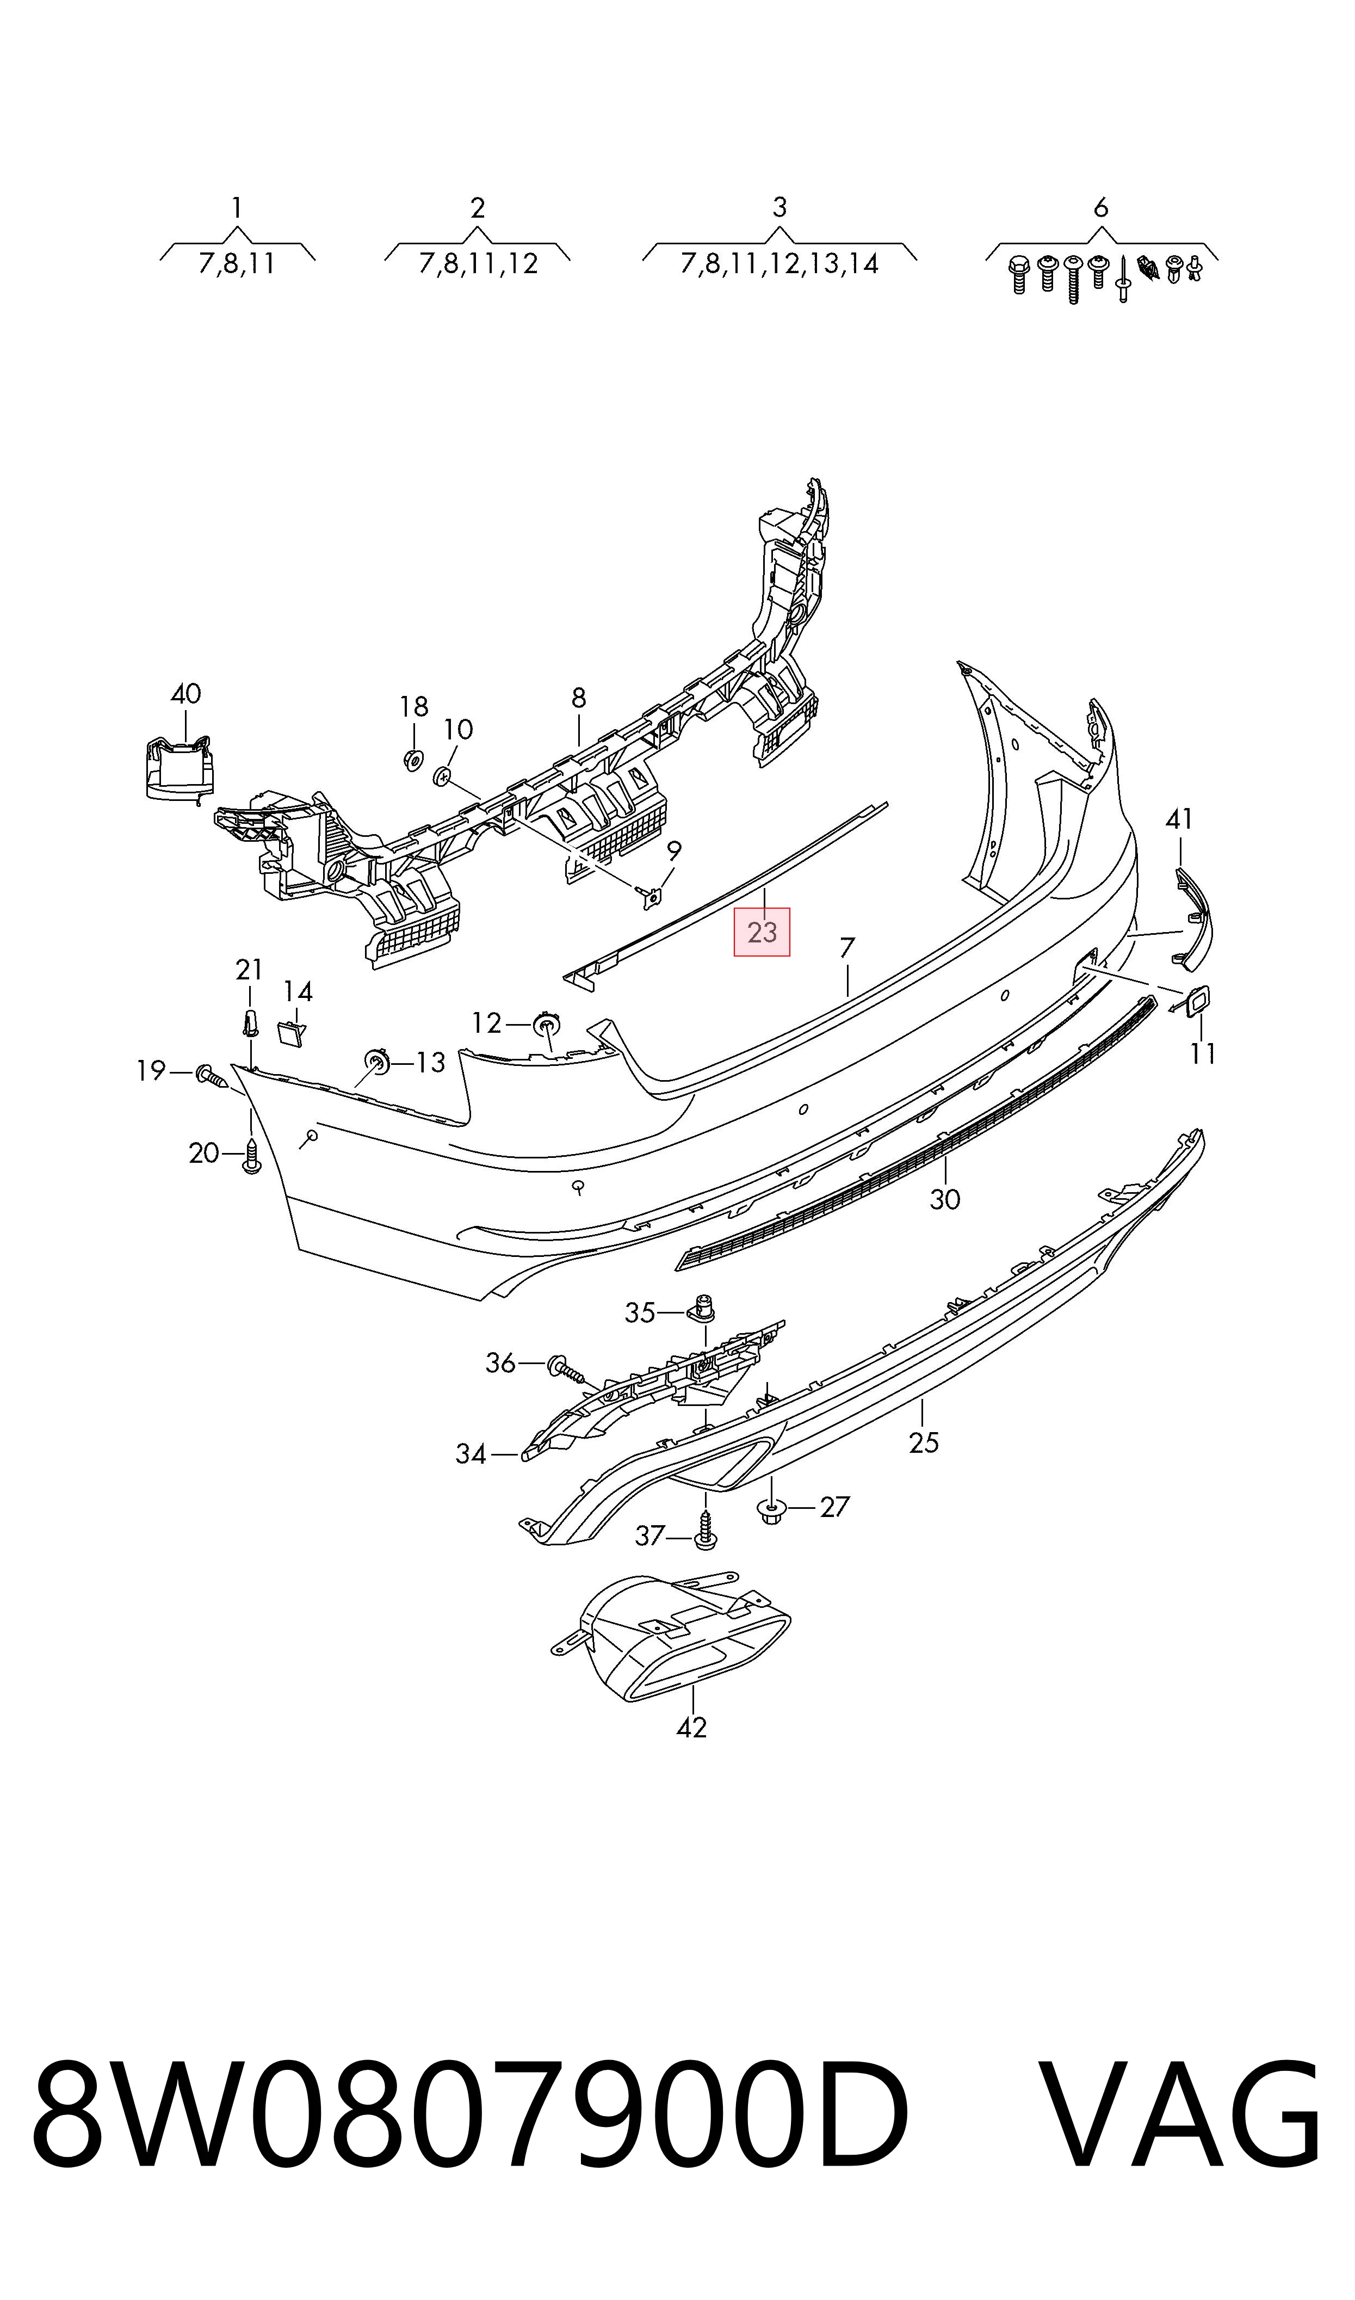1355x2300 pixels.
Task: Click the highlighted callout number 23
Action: point(762,932)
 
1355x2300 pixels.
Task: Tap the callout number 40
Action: point(185,694)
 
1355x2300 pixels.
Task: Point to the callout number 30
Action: point(944,1199)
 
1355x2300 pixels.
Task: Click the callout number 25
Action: point(923,1442)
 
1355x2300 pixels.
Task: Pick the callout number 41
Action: point(1179,820)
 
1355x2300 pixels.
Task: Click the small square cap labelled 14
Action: point(290,1033)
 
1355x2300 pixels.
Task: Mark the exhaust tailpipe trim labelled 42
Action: point(671,1635)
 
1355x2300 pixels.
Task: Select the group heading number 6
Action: point(1100,208)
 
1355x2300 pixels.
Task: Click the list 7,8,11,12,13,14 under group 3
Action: point(779,264)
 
